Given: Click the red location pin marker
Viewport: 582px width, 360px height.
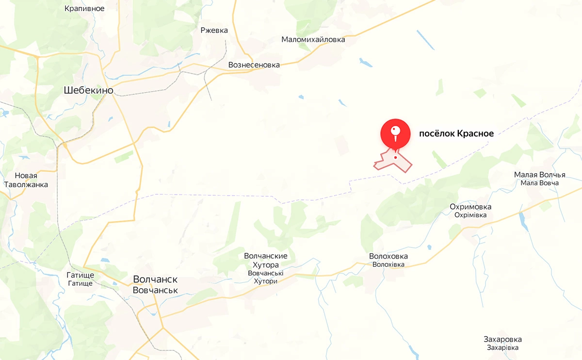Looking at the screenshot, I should pyautogui.click(x=395, y=132).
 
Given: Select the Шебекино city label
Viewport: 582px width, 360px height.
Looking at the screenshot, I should pyautogui.click(x=89, y=90).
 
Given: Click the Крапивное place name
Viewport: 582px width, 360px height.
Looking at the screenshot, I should pyautogui.click(x=84, y=9).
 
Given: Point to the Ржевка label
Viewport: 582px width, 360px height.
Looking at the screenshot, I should pyautogui.click(x=214, y=31).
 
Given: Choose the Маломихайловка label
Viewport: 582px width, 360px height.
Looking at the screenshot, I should pyautogui.click(x=313, y=39).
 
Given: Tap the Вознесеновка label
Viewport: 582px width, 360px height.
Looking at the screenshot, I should pyautogui.click(x=254, y=65).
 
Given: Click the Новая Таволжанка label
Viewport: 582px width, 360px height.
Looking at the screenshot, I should pyautogui.click(x=26, y=180).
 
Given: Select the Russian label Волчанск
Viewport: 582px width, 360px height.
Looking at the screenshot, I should pyautogui.click(x=155, y=280).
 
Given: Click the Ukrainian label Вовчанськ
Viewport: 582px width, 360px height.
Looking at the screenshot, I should pyautogui.click(x=155, y=290).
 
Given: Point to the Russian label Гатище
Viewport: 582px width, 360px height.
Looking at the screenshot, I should pyautogui.click(x=80, y=275).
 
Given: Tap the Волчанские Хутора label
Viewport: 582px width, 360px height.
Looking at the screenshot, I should pyautogui.click(x=266, y=261).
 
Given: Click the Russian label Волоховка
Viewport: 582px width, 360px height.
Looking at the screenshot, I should pyautogui.click(x=388, y=256).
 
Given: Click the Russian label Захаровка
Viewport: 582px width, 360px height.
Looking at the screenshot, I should pyautogui.click(x=502, y=339).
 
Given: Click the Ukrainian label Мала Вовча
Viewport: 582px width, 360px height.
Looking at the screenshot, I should pyautogui.click(x=540, y=183).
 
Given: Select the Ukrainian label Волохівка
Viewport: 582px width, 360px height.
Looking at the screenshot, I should pyautogui.click(x=388, y=264).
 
